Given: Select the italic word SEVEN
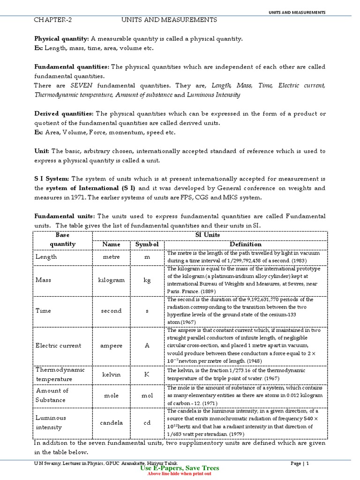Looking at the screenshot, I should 82,86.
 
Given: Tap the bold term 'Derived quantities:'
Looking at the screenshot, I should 64,114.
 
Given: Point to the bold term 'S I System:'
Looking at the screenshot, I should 52,179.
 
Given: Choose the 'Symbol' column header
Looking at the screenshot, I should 147,244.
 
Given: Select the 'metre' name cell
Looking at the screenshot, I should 112,257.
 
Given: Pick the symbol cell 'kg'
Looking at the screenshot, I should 147,280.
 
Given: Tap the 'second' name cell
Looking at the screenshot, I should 112,311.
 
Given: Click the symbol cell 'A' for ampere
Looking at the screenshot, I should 147,345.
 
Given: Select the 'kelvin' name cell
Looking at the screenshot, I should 112,375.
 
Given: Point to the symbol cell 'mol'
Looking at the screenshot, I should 147,396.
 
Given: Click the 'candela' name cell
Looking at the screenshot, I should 112,422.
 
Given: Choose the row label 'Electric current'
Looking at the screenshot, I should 58,345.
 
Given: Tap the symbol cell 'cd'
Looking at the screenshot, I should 147,422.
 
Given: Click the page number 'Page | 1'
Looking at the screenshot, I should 300,464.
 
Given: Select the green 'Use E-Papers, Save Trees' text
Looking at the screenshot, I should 180,468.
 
